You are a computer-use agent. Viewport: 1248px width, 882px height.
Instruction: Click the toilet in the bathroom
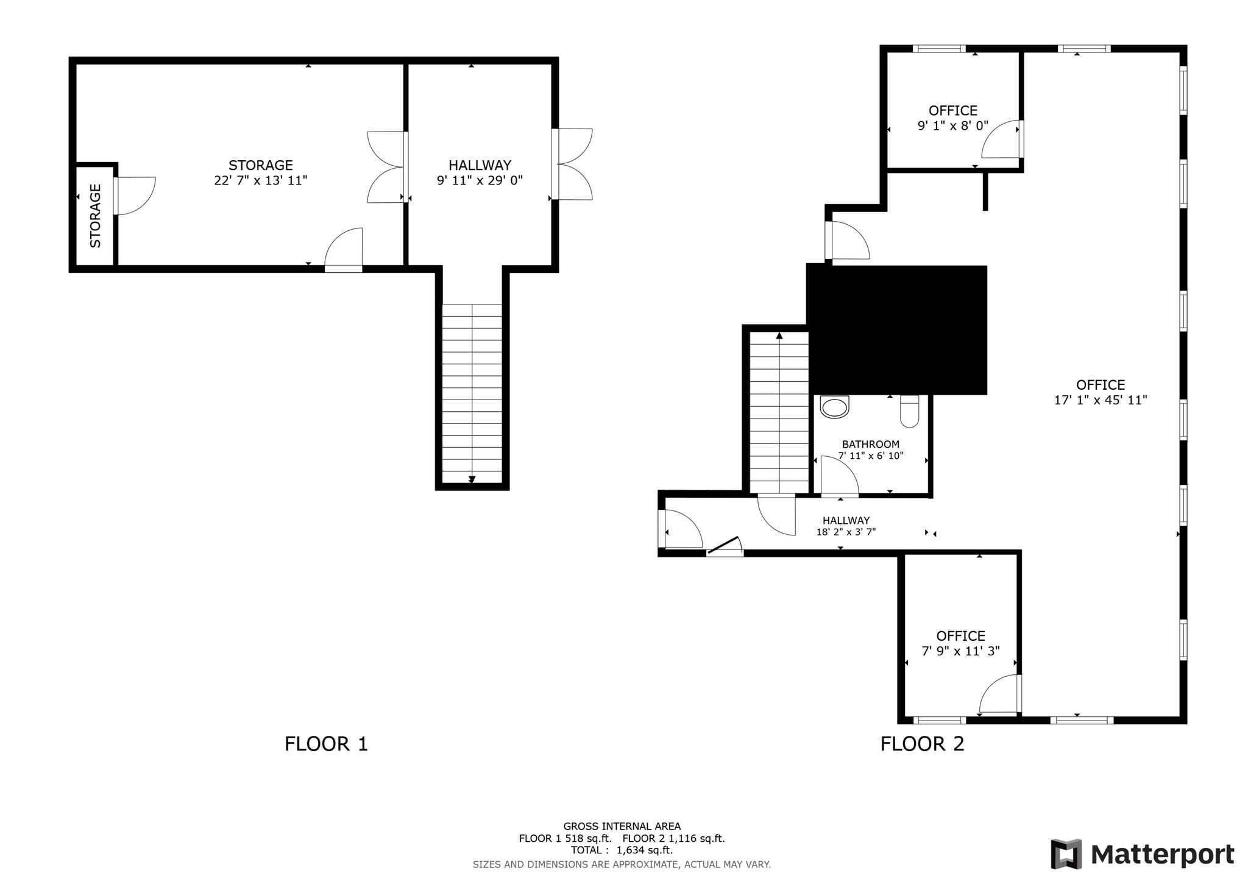909,411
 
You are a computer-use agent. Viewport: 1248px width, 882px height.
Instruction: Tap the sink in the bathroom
834,407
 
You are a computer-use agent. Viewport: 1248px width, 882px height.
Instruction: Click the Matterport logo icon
1066,854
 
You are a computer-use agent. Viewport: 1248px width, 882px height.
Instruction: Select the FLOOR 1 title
326,744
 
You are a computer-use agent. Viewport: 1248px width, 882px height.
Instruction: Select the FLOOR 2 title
922,744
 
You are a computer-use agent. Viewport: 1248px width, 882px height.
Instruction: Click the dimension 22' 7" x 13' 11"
261,180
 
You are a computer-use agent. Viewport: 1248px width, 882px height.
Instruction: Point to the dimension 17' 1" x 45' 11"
1101,400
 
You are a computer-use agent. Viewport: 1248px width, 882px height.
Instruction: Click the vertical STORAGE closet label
96,216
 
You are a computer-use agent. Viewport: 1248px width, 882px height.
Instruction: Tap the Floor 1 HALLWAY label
480,165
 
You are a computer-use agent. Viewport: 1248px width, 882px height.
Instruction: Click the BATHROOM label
870,444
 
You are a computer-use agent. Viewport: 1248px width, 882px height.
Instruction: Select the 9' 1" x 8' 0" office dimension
952,126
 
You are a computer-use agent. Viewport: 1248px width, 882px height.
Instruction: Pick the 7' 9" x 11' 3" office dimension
960,651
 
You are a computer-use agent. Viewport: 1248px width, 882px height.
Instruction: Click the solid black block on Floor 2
896,329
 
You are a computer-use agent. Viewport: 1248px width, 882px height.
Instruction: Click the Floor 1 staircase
472,393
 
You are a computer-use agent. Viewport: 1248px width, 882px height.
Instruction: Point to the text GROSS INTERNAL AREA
622,827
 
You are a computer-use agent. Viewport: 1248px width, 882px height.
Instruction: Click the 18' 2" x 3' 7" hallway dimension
846,532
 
